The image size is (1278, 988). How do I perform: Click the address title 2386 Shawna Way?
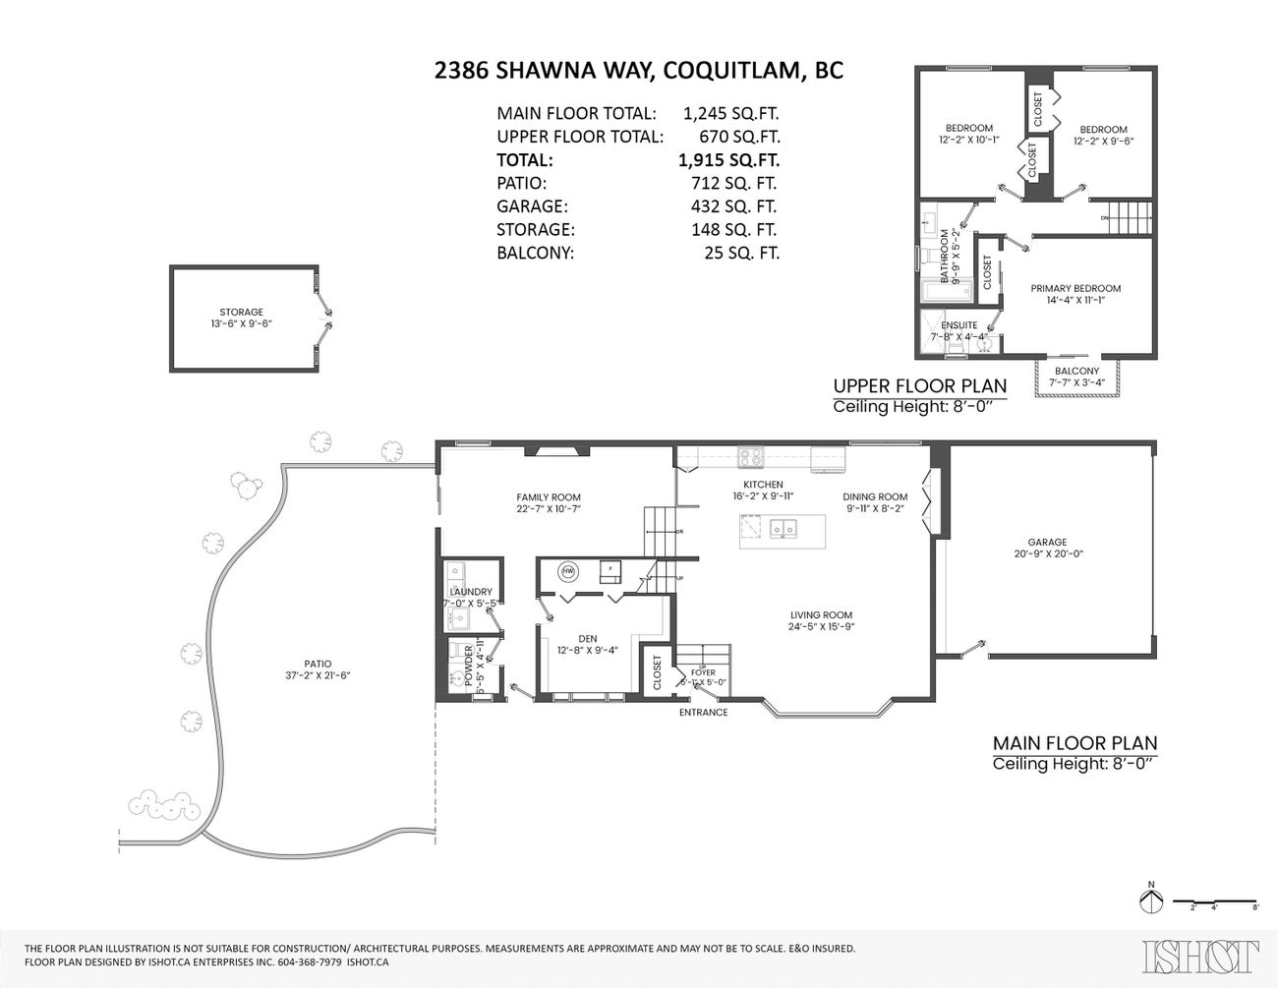click(638, 71)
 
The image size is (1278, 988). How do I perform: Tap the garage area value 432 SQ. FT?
click(733, 206)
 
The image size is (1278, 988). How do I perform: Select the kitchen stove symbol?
click(751, 457)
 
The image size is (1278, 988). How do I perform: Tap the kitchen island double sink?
click(784, 529)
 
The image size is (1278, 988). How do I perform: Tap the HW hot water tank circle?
click(568, 570)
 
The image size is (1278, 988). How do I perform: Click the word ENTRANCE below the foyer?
click(704, 712)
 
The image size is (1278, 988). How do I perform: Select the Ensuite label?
click(958, 325)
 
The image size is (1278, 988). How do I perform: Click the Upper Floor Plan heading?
click(919, 385)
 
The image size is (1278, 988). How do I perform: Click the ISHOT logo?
click(1200, 957)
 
